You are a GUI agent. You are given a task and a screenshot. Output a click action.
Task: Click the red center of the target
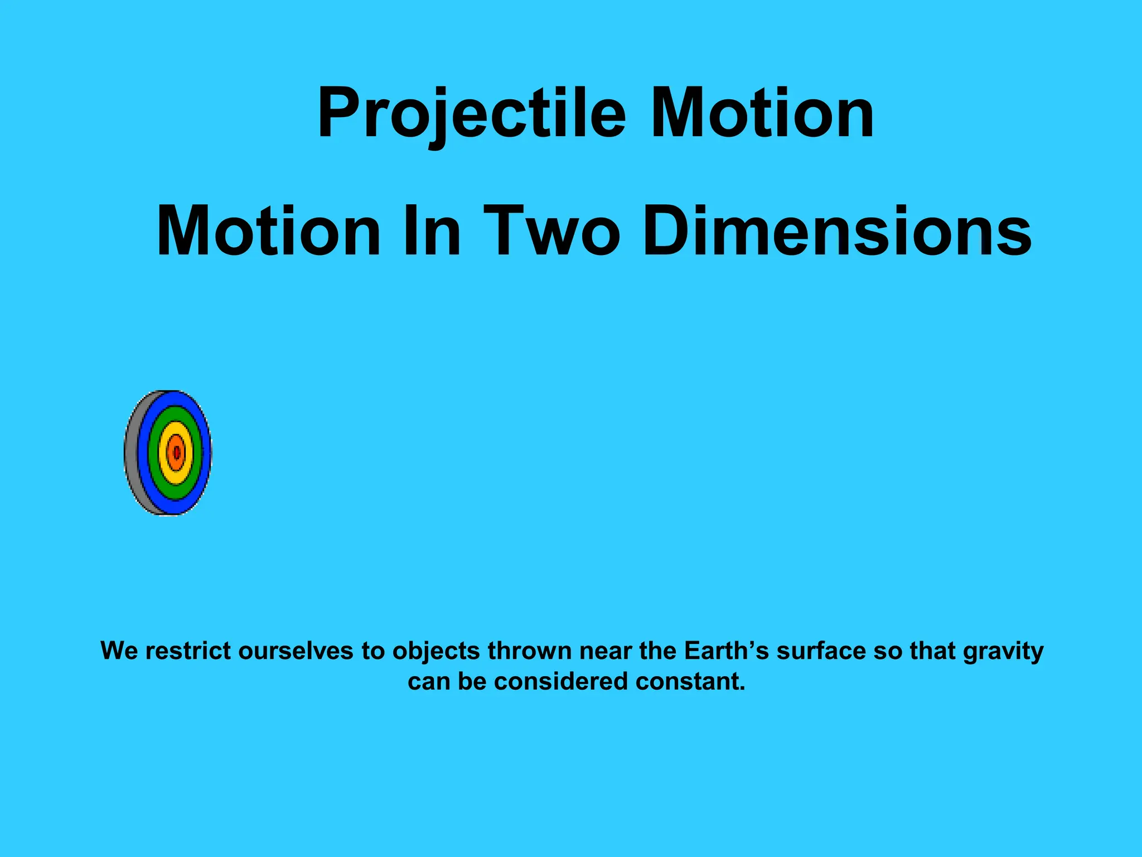pyautogui.click(x=176, y=452)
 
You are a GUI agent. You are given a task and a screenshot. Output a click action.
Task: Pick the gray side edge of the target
pyautogui.click(x=132, y=453)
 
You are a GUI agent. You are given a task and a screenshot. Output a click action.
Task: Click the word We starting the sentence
pyautogui.click(x=119, y=651)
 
